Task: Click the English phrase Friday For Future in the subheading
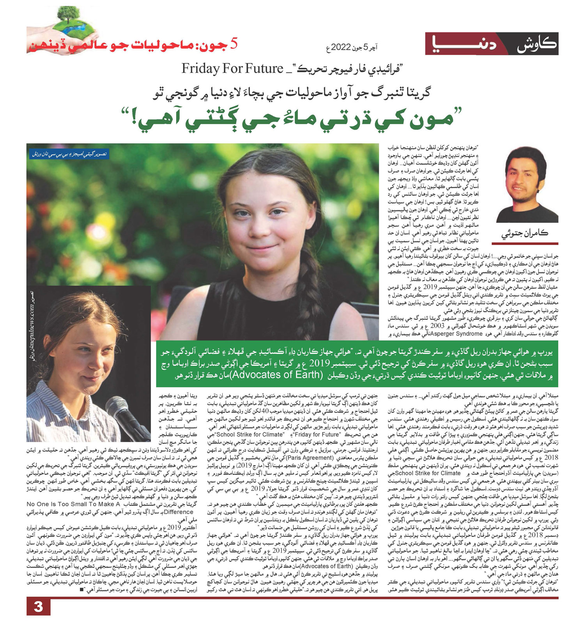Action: [232, 69]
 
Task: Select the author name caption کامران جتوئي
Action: [525, 234]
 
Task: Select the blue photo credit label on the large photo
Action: [70, 154]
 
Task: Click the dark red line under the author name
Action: [525, 243]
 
